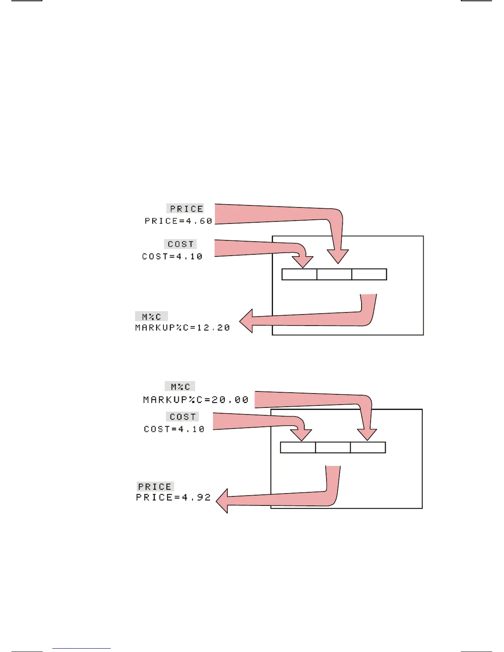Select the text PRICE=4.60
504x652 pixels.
(x=178, y=221)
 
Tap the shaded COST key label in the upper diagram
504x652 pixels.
(x=180, y=244)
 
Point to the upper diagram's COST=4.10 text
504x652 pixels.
(x=172, y=256)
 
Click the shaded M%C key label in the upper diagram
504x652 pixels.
(x=152, y=317)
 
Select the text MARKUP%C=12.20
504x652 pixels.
(x=182, y=328)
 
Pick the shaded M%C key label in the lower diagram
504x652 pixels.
(x=180, y=387)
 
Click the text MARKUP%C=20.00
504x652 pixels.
(x=196, y=400)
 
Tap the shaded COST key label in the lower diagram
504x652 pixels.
(x=182, y=417)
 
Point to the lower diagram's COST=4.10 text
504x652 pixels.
(x=174, y=429)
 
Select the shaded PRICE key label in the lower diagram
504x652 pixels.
(x=155, y=487)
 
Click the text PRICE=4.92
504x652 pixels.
(x=173, y=498)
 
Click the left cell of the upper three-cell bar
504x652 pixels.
(x=299, y=274)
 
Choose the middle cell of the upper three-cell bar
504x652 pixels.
(x=334, y=274)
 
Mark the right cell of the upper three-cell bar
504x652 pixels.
(x=369, y=274)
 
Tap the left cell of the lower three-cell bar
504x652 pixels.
(x=298, y=447)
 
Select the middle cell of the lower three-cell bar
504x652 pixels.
(x=333, y=447)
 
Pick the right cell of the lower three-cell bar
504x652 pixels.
(x=368, y=447)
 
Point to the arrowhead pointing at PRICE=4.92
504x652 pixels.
(x=223, y=501)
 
